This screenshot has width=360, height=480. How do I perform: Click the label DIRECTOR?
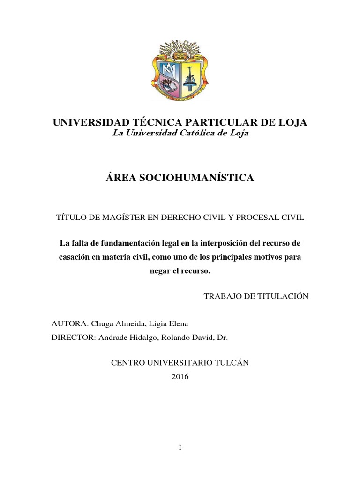[74, 337]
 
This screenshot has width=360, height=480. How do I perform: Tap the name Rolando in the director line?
[173, 337]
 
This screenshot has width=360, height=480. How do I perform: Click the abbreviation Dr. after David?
[222, 337]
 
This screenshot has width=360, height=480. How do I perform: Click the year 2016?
[180, 376]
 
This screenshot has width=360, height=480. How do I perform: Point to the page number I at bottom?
[180, 448]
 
